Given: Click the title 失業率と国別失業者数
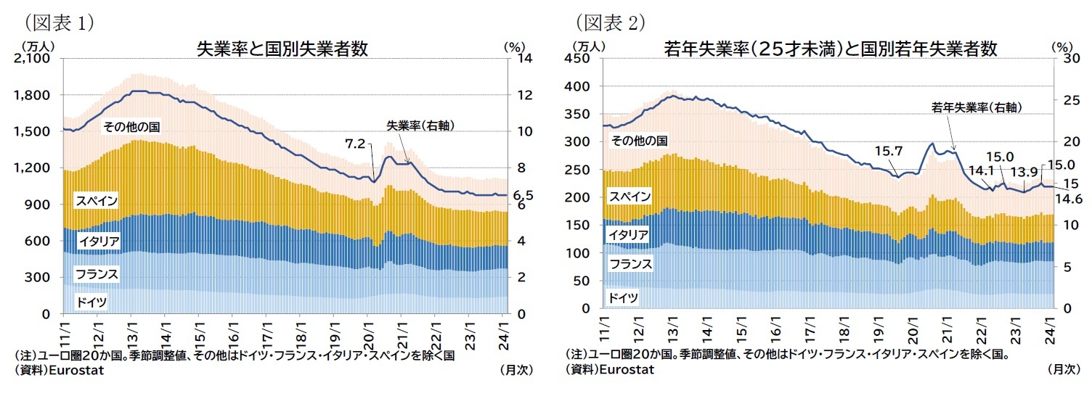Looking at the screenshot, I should point(282,49).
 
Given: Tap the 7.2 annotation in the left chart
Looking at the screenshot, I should point(355,144).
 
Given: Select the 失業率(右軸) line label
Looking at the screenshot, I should point(420,125).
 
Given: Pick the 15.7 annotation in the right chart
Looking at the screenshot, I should point(888,151).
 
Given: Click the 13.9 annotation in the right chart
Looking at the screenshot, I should point(1023,172).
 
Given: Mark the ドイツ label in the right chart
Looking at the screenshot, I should point(623,297).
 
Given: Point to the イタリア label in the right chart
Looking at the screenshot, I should point(629,234).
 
